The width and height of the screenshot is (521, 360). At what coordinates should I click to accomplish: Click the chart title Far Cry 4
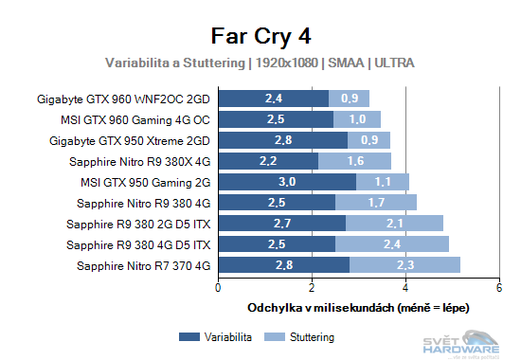click(260, 35)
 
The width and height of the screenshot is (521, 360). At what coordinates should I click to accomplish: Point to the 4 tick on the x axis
click(405, 288)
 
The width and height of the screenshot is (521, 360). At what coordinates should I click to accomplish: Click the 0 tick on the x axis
click(219, 288)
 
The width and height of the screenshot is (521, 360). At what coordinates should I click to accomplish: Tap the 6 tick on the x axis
click(498, 288)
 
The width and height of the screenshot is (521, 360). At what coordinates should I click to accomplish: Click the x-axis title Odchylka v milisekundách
click(358, 309)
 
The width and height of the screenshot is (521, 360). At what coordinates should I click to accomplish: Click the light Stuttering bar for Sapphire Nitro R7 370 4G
click(404, 265)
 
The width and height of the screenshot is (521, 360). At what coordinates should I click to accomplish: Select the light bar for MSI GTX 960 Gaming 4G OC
click(357, 119)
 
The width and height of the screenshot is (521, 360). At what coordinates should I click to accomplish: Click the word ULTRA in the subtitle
click(394, 63)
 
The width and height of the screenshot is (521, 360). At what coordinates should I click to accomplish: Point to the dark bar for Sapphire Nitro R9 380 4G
click(277, 203)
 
